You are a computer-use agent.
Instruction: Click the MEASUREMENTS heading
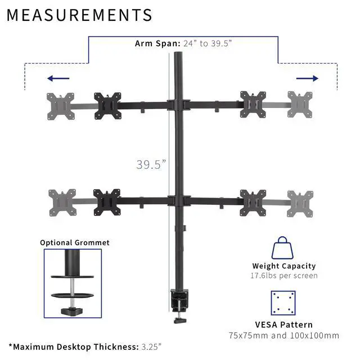pos(79,15)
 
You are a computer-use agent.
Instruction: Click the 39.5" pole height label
pos(151,164)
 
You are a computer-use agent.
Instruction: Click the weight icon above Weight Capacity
pos(283,247)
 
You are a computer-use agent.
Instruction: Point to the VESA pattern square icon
pos(283,303)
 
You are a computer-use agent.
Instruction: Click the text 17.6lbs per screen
pos(283,276)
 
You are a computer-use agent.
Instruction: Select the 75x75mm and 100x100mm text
pos(283,335)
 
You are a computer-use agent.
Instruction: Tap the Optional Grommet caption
pos(74,242)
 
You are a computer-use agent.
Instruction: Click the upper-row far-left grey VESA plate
pos(60,105)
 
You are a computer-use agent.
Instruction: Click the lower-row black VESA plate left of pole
pos(107,201)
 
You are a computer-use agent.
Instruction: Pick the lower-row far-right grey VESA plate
pos(300,202)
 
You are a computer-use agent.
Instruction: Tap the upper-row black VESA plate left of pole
pos(107,105)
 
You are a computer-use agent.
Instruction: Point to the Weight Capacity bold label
pos(283,265)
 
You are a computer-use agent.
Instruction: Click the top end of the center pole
pos(179,56)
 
